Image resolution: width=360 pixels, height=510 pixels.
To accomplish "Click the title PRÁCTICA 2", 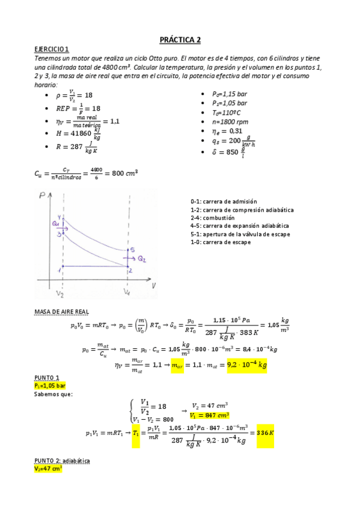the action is coord(180,40).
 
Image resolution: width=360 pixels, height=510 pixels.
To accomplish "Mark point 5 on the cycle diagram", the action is coord(132,250).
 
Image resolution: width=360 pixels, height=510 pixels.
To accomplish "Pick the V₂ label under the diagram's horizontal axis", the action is coord(60,294).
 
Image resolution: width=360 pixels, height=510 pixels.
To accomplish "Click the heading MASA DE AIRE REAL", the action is coord(62,312).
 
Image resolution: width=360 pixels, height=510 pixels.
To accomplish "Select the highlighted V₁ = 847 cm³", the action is coord(210,415).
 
